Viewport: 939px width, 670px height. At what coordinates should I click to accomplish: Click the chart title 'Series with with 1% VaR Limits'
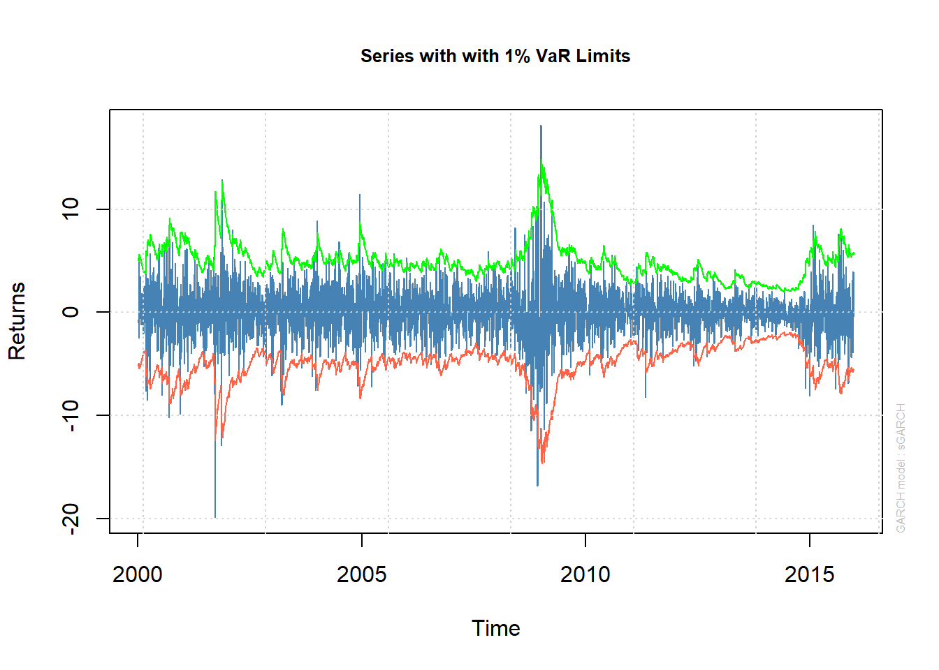coord(495,56)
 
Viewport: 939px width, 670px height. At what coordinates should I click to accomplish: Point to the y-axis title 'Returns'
coord(17,321)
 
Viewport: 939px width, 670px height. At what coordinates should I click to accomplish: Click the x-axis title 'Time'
coord(495,628)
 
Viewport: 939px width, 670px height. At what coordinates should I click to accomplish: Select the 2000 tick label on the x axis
coord(138,574)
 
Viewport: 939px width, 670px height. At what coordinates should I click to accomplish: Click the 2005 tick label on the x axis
coord(361,574)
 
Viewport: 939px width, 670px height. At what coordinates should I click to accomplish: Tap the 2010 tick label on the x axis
coord(585,574)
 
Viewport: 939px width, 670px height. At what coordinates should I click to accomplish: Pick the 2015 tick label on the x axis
coord(809,574)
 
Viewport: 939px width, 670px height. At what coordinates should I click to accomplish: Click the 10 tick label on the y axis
coord(71,209)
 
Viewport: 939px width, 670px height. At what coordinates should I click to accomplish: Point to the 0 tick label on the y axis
coord(71,312)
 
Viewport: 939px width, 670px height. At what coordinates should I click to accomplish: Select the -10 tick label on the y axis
coord(71,415)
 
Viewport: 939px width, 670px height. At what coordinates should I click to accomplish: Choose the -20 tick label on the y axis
coord(71,519)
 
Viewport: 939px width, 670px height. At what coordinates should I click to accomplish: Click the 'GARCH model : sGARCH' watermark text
coord(901,468)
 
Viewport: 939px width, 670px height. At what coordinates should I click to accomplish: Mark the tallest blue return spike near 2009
coord(541,127)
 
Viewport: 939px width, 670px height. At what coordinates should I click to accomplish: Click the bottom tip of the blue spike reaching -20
coord(215,516)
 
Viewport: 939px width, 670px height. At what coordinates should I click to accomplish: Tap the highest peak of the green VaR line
coord(541,162)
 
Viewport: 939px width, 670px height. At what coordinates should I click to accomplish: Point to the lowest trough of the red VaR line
coord(542,462)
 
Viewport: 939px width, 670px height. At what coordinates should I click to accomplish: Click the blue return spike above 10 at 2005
coord(360,196)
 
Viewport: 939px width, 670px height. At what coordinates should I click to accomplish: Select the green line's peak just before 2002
coord(222,181)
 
